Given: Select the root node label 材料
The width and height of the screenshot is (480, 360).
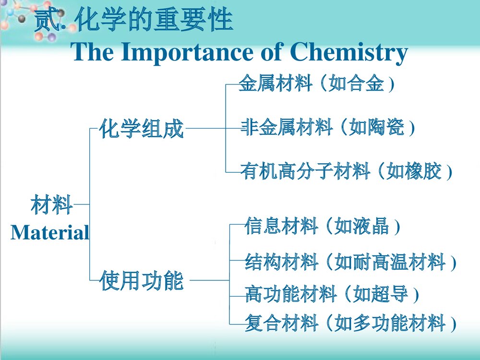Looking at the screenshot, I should [x=51, y=205].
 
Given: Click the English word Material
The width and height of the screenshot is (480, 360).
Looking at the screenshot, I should [x=50, y=233].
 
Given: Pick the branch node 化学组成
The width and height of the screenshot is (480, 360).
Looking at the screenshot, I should [x=142, y=129].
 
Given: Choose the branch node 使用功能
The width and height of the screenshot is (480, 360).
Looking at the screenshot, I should [x=142, y=281].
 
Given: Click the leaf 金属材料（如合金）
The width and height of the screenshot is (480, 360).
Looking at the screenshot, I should [x=317, y=84].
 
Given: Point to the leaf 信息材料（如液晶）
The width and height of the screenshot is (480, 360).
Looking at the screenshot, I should [x=322, y=226].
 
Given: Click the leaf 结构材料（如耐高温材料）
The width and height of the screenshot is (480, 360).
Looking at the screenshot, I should [x=350, y=263].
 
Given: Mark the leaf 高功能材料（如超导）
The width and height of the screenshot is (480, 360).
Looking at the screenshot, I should [x=332, y=294].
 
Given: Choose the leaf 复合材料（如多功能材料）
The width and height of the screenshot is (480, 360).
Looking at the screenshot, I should [x=350, y=323].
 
